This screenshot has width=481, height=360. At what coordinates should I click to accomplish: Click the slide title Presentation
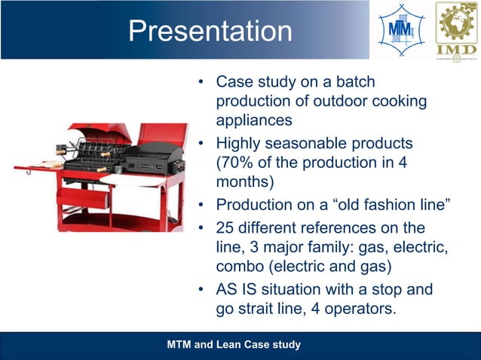point(210,31)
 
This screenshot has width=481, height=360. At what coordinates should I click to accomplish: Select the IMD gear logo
point(455,30)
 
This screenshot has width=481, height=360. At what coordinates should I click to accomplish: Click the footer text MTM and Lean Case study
point(233,345)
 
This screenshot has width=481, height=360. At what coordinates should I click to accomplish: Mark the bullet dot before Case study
point(201,81)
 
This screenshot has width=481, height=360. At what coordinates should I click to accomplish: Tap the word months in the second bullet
point(240,182)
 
